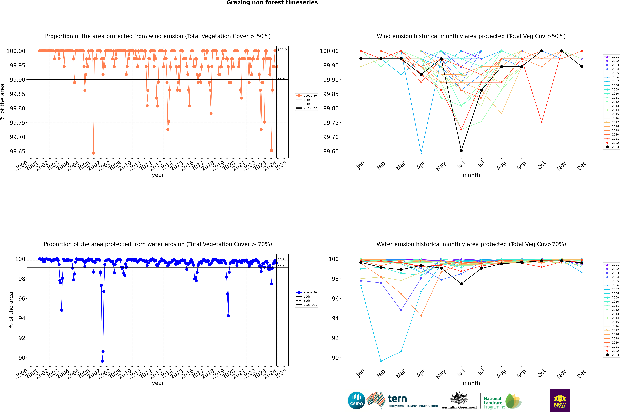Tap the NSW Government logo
(x=560, y=400)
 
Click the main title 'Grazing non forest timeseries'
(x=272, y=3)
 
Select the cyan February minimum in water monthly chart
(x=381, y=361)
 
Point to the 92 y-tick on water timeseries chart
(x=22, y=338)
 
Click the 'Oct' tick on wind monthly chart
(x=541, y=166)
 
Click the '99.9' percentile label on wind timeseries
(x=281, y=78)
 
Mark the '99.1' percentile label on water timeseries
(x=281, y=267)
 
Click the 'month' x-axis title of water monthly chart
(x=471, y=383)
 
